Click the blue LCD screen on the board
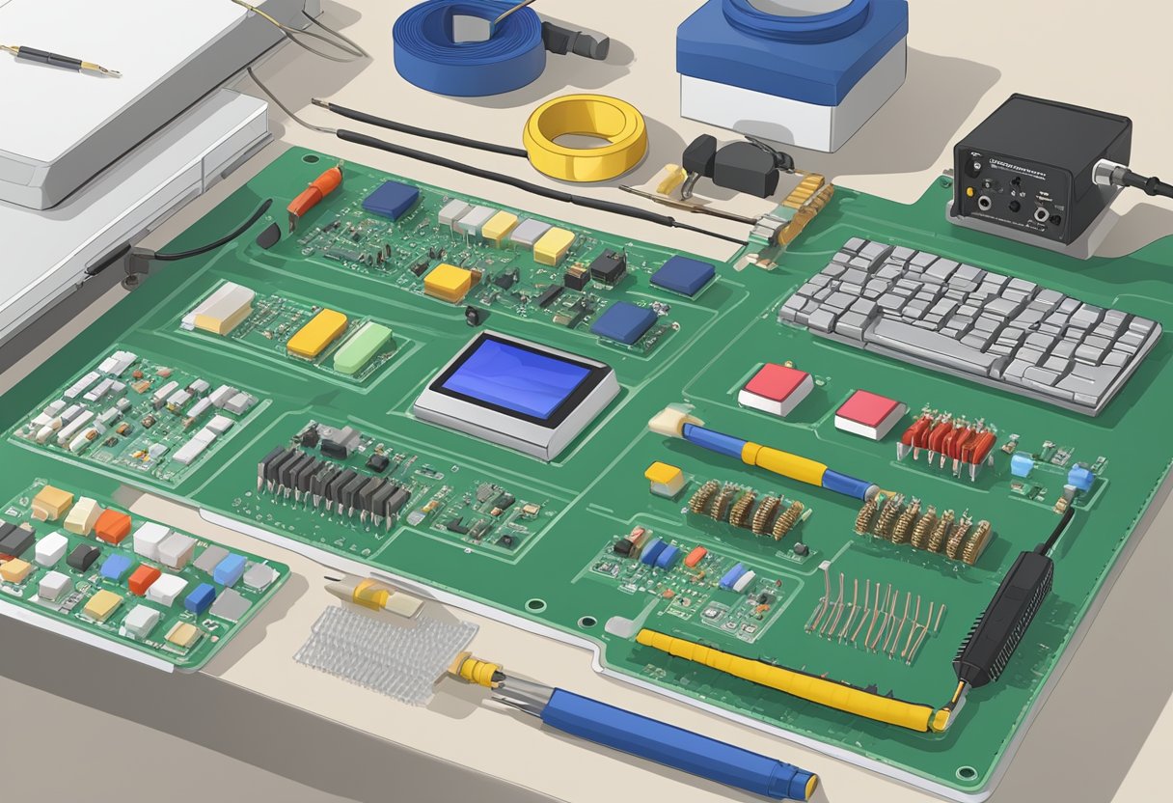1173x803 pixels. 516,379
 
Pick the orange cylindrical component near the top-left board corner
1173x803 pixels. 314,190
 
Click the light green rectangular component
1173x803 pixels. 363,347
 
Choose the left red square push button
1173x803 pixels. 777,388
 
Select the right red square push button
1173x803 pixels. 869,413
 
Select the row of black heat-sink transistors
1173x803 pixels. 332,481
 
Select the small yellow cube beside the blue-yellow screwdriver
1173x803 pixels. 665,477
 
